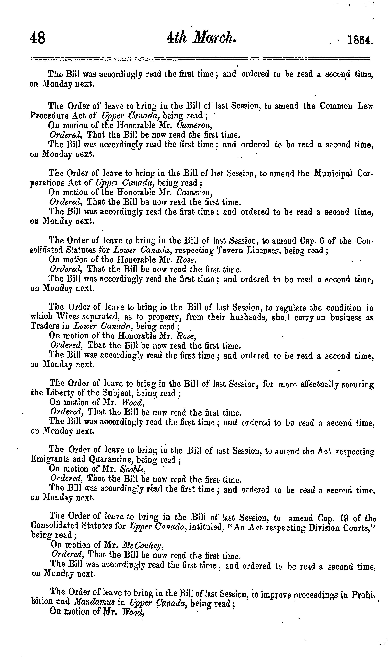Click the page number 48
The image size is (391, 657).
[38, 38]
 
